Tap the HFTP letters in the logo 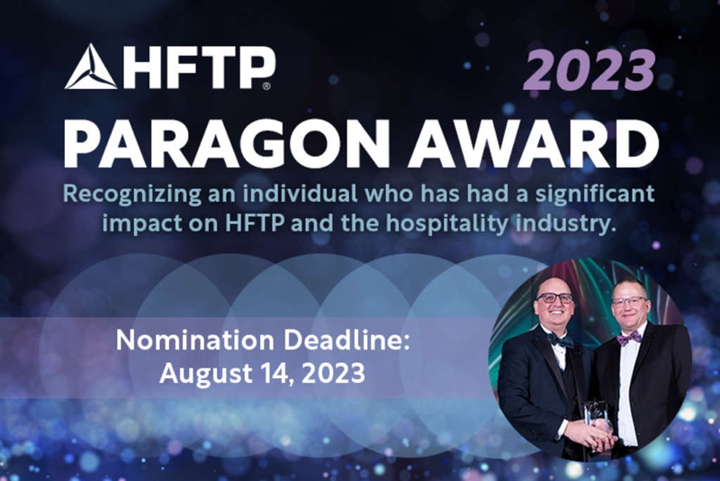coord(198,67)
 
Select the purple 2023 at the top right coord(589,70)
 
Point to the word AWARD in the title coord(534,143)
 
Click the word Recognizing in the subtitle coord(131,195)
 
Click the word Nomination coord(195,340)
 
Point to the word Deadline coord(346,340)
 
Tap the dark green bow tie coord(561,340)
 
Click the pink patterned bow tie coord(629,339)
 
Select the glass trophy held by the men coord(597,424)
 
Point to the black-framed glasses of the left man coord(554,297)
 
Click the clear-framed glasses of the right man coord(629,302)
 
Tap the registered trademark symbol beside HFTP coord(266,86)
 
